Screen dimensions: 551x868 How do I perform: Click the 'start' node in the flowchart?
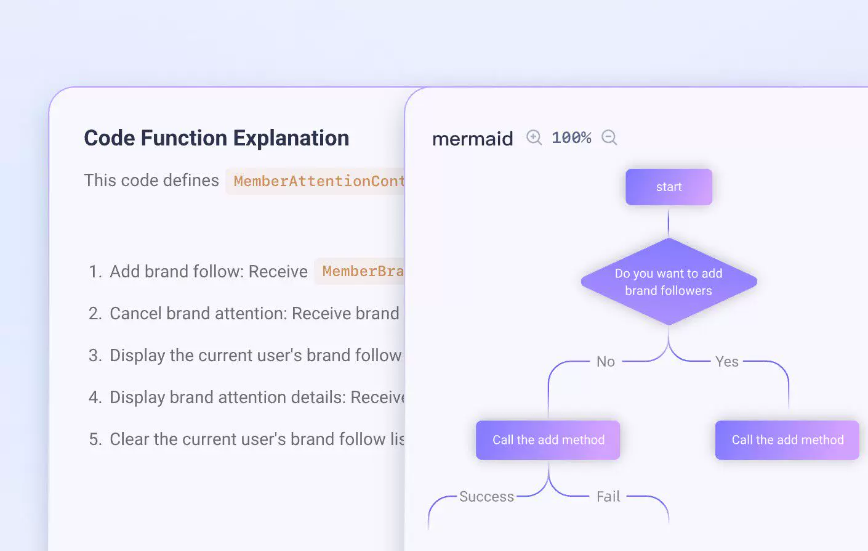pyautogui.click(x=669, y=187)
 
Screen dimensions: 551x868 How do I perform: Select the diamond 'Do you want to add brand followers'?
pyautogui.click(x=669, y=282)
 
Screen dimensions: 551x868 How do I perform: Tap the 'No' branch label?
pyautogui.click(x=605, y=362)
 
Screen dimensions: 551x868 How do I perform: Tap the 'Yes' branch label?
pyautogui.click(x=726, y=362)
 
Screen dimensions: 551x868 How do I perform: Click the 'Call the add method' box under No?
pyautogui.click(x=548, y=440)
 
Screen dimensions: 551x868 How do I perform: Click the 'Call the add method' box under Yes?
pyautogui.click(x=787, y=440)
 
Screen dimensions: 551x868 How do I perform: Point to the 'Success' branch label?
pyautogui.click(x=486, y=497)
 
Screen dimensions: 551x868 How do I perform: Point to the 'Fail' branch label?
pyautogui.click(x=608, y=497)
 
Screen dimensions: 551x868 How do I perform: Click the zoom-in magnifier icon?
pyautogui.click(x=534, y=137)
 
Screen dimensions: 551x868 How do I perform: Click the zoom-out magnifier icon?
pyautogui.click(x=609, y=137)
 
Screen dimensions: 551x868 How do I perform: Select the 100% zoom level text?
pyautogui.click(x=571, y=137)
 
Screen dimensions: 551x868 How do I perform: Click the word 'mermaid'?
pyautogui.click(x=472, y=139)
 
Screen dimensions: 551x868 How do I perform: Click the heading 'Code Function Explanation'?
pyautogui.click(x=216, y=138)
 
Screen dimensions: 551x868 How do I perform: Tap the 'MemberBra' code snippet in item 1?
pyautogui.click(x=362, y=271)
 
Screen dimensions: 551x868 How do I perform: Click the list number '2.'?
pyautogui.click(x=95, y=314)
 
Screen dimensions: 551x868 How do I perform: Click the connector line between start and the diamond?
pyautogui.click(x=669, y=222)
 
